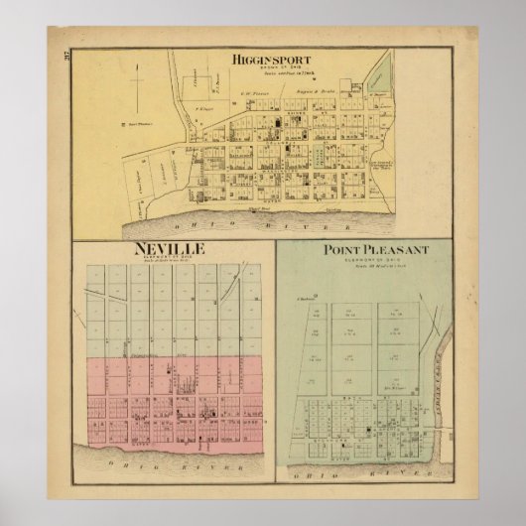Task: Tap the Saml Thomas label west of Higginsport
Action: (135, 125)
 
